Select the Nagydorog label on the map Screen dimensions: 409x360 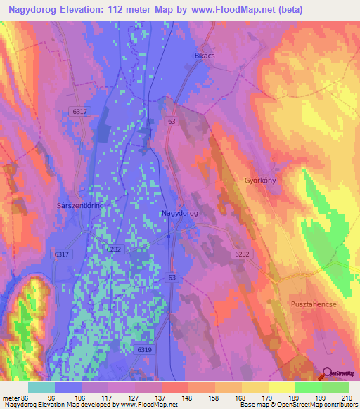click(x=179, y=213)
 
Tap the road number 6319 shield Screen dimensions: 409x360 click(x=145, y=349)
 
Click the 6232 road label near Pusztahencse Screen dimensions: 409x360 click(x=243, y=254)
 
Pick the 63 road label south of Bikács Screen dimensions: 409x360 click(x=172, y=122)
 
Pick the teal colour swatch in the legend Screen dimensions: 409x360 click(x=41, y=387)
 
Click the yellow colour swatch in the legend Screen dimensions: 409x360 click(x=281, y=387)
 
